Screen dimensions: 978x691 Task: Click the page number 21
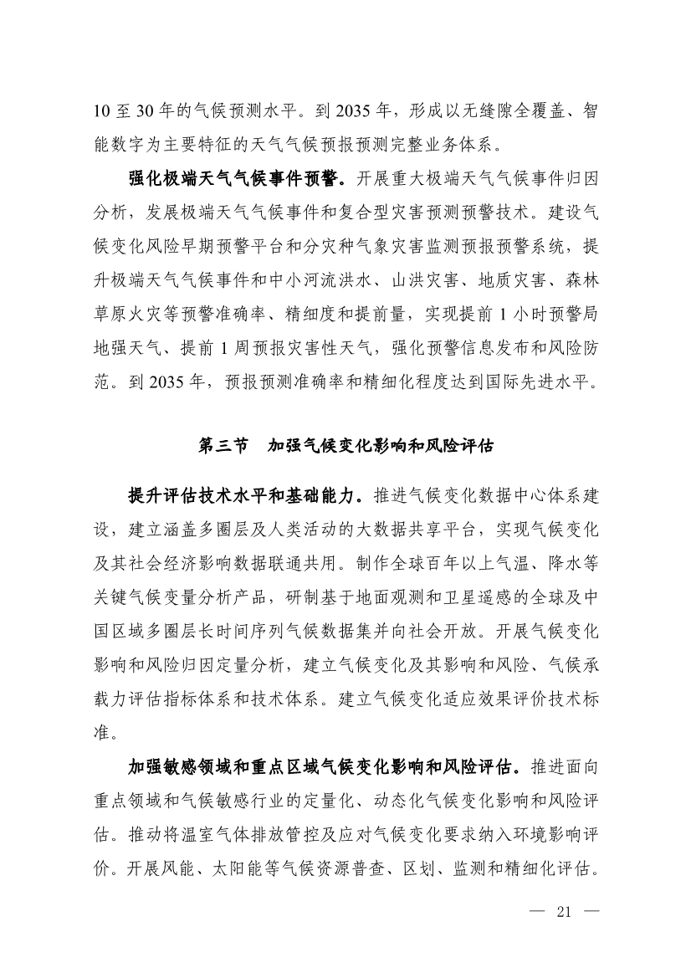click(x=562, y=911)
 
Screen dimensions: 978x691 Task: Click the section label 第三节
click(x=223, y=446)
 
